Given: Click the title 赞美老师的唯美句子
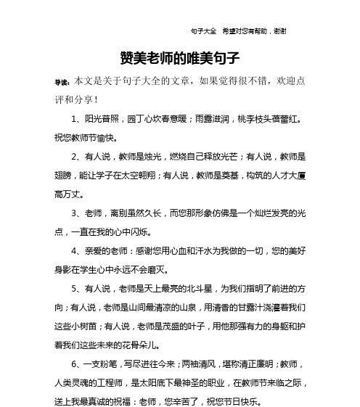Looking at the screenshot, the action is coord(180,57).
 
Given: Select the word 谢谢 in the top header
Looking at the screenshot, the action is coord(279,31).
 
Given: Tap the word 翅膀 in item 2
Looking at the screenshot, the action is coord(63,175).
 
